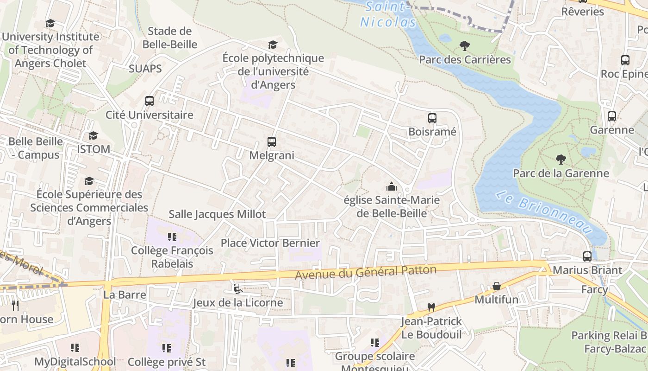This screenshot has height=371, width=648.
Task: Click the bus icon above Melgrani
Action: [x=272, y=142]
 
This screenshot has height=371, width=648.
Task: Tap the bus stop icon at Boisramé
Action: [x=432, y=118]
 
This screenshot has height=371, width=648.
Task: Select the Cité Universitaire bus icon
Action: [x=150, y=101]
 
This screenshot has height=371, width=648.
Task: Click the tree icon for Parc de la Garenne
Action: [x=561, y=160]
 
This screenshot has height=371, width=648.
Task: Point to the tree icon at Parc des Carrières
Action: [x=465, y=46]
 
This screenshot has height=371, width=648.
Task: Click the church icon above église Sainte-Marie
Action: [x=392, y=186]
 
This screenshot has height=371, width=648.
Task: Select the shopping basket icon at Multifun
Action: [x=497, y=286]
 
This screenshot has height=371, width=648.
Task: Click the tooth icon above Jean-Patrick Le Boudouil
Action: [x=431, y=307]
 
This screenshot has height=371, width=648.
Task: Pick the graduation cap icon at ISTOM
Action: [x=93, y=135]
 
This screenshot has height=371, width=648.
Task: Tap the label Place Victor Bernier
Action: [x=270, y=243]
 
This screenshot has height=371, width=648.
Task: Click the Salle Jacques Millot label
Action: [x=217, y=214]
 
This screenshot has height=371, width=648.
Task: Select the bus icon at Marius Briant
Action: [x=587, y=256]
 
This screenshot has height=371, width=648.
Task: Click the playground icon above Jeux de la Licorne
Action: [x=237, y=289]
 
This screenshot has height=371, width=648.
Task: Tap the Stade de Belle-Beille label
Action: [x=170, y=38]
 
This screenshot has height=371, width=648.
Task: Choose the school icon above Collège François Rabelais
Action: [x=172, y=237]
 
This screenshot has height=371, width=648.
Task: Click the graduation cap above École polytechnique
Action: [x=273, y=45]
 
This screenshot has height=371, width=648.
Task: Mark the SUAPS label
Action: [x=145, y=69]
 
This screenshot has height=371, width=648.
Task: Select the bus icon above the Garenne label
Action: [x=612, y=116]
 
